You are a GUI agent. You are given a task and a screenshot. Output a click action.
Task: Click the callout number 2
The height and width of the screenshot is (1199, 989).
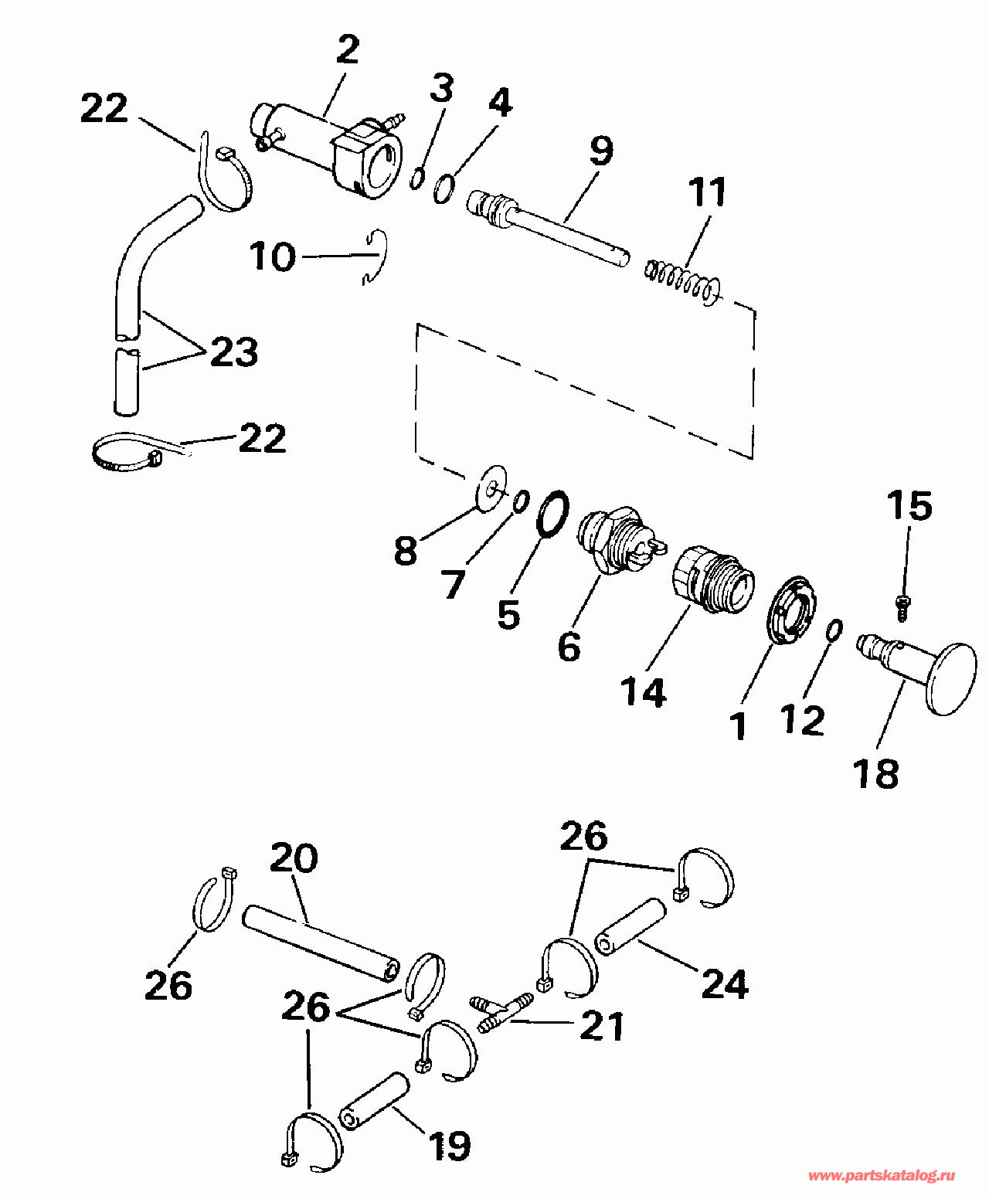click(x=348, y=50)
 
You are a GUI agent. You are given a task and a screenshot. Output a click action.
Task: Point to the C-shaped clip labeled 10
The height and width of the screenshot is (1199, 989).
click(x=378, y=256)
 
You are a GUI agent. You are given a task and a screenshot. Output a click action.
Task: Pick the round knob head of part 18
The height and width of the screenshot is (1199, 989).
click(x=950, y=678)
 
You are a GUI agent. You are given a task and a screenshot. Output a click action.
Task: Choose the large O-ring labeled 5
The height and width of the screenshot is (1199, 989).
click(x=552, y=511)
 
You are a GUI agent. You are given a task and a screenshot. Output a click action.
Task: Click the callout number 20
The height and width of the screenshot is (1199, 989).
click(x=294, y=858)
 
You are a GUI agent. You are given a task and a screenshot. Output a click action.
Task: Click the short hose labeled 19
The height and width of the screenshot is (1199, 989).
click(x=374, y=1102)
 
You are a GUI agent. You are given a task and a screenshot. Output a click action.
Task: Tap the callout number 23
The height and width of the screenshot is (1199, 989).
click(x=233, y=353)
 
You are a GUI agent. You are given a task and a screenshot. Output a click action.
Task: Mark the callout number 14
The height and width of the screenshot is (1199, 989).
click(x=643, y=693)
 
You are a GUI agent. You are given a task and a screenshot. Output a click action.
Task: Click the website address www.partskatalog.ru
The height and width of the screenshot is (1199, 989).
click(x=881, y=1176)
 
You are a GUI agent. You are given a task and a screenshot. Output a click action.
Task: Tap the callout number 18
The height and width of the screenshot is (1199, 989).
click(x=875, y=773)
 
